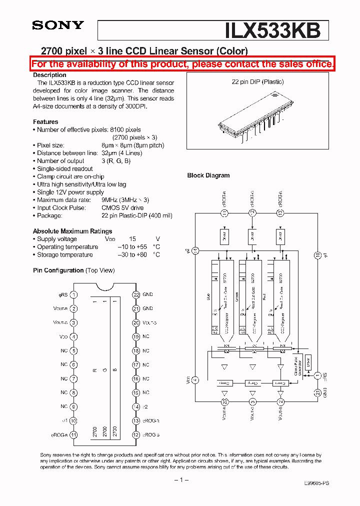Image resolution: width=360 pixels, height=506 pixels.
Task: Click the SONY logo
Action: coord(58,25)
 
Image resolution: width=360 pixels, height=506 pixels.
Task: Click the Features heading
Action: coord(45,122)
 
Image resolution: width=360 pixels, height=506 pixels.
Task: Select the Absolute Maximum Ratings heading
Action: coord(72,231)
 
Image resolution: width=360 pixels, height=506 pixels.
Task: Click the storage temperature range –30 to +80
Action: coord(132,254)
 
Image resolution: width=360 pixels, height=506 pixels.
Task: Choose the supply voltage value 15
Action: coord(132,239)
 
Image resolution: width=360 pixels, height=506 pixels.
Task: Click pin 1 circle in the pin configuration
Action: coord(74,294)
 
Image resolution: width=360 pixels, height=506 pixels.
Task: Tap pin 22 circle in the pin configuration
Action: coord(136,294)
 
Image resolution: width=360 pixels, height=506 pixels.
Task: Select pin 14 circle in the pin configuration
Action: coord(136,406)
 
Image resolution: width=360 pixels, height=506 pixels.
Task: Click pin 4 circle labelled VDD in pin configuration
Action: coord(74,336)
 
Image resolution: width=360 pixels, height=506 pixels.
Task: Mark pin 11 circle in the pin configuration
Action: coord(74,434)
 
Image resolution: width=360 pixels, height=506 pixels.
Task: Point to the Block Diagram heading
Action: coord(208,175)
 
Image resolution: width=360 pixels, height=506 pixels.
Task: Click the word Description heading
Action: coord(49,75)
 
